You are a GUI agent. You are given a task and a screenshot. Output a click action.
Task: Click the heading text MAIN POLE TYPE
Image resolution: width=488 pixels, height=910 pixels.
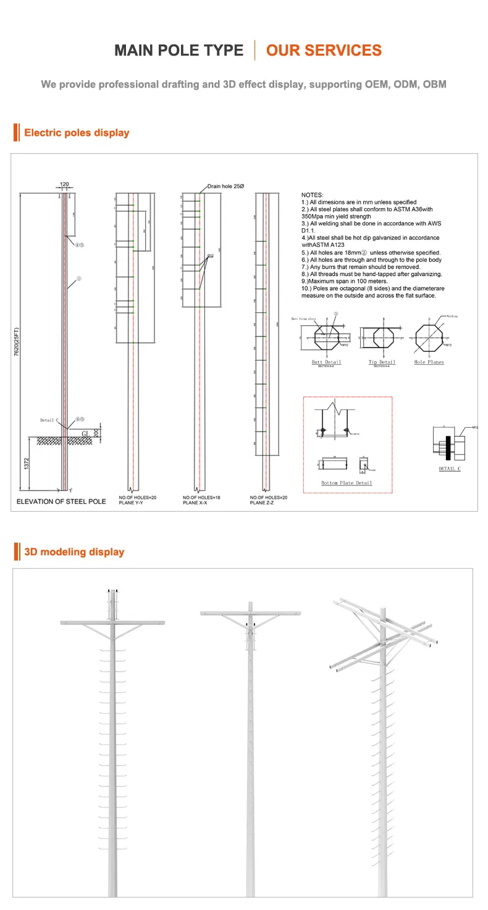[x=179, y=51]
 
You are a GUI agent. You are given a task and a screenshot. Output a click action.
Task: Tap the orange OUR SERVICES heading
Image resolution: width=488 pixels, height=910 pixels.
[x=324, y=51]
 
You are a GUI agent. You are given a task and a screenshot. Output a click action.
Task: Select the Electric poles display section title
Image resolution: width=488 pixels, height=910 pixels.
[x=77, y=133]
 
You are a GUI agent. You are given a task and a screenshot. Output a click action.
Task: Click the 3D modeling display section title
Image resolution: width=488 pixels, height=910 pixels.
[x=74, y=552]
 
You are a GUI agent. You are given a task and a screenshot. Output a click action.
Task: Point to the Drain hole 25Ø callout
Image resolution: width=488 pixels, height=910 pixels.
[x=227, y=187]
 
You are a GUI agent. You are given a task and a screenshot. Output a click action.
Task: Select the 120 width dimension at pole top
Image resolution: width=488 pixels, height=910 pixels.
[x=64, y=184]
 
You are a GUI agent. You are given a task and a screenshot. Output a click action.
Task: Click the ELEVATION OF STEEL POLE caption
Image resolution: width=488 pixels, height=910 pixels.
[x=61, y=501]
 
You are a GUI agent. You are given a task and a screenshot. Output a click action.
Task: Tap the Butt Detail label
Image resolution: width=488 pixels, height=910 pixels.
[x=326, y=362]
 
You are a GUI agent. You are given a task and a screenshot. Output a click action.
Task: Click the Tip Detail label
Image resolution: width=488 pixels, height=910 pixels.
[x=382, y=362]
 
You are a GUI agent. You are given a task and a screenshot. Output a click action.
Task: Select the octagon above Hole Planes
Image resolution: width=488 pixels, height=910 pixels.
[x=429, y=338]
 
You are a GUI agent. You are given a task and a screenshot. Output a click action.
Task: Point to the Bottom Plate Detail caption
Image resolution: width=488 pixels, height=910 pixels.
[x=347, y=483]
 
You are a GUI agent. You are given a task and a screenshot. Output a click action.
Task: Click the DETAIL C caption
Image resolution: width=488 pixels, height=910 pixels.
[x=450, y=469]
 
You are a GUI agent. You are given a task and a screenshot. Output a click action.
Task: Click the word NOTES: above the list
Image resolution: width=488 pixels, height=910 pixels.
[x=312, y=195]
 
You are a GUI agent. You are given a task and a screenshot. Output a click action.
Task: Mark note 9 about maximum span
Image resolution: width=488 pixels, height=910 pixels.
[x=344, y=282]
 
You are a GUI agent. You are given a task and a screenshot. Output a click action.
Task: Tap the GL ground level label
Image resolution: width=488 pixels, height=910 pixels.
[x=85, y=434]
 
